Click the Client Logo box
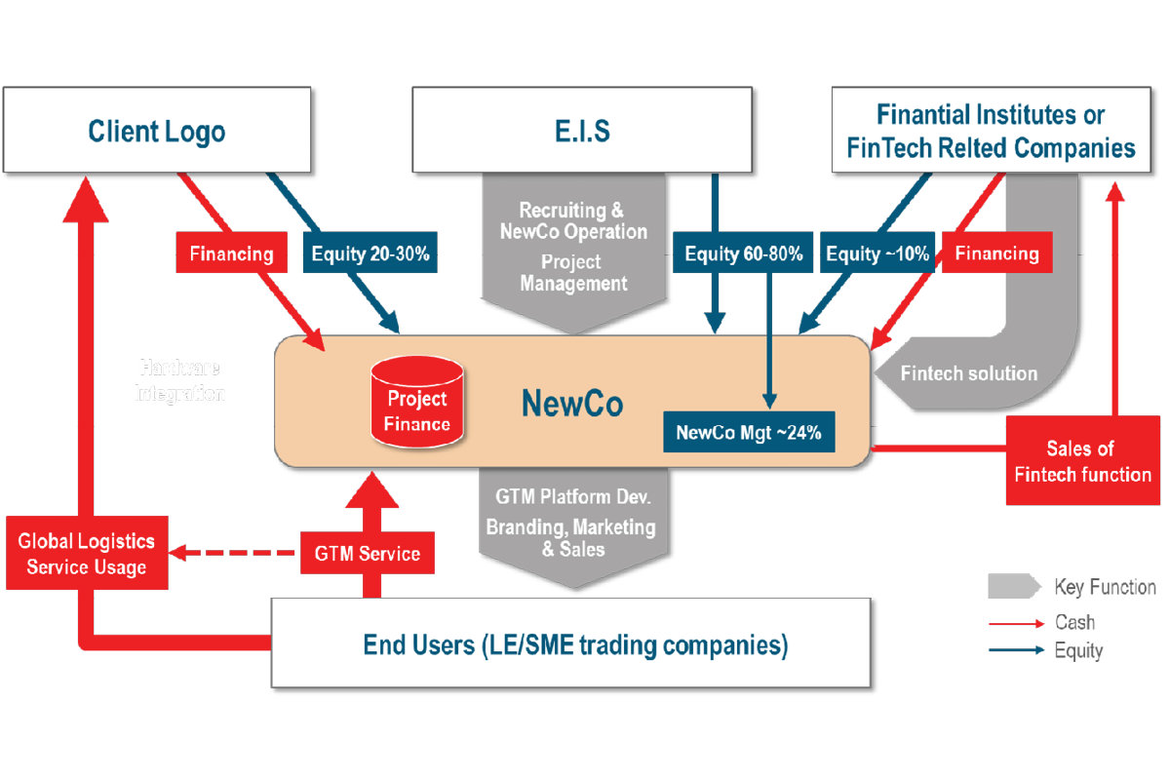pos(156,131)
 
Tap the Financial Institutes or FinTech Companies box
pos(990,131)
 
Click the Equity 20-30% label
pos(370,255)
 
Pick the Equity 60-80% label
pos(743,254)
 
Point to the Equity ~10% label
pos(877,254)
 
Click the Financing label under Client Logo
pos(231,254)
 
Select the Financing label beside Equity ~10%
pos(996,253)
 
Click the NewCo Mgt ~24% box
pos(749,430)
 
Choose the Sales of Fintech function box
pos(1082,461)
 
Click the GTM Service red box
pos(367,554)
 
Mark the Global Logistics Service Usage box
pos(87,555)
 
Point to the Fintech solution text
pos(968,373)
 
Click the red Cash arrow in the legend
pos(1017,622)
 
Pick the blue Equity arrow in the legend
pos(1017,650)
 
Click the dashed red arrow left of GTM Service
pos(233,553)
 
